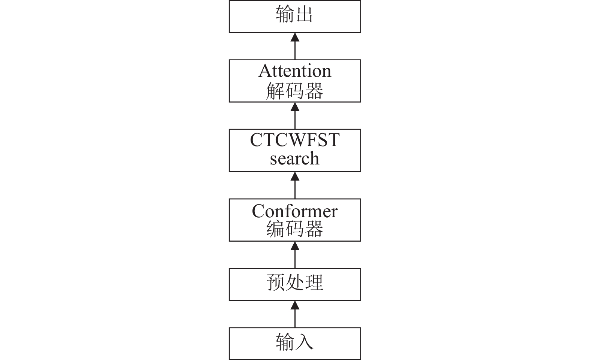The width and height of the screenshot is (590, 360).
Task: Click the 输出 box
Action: tap(295, 16)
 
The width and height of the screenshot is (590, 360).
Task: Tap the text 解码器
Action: tap(295, 91)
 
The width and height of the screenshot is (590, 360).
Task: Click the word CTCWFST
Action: tap(295, 140)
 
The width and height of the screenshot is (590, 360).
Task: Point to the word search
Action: tap(295, 158)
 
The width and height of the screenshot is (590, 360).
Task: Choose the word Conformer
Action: tap(295, 211)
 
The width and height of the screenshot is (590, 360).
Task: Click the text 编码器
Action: tap(295, 229)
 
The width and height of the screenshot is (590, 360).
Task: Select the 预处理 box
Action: tap(295, 284)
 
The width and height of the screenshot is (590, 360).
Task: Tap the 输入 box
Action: tap(295, 344)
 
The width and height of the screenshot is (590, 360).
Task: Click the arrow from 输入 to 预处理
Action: tap(295, 314)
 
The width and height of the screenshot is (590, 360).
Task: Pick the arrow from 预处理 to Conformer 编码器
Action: tap(295, 255)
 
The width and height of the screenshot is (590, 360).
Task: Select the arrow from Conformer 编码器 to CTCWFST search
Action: tap(295, 185)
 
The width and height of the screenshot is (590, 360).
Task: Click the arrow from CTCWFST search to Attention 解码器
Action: tap(295, 116)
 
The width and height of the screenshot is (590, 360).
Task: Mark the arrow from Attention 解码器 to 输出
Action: tap(295, 46)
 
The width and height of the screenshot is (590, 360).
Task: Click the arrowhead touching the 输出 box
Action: tap(295, 37)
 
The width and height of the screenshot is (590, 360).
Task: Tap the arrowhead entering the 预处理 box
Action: tap(295, 305)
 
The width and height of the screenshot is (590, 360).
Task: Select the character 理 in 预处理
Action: tap(314, 282)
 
